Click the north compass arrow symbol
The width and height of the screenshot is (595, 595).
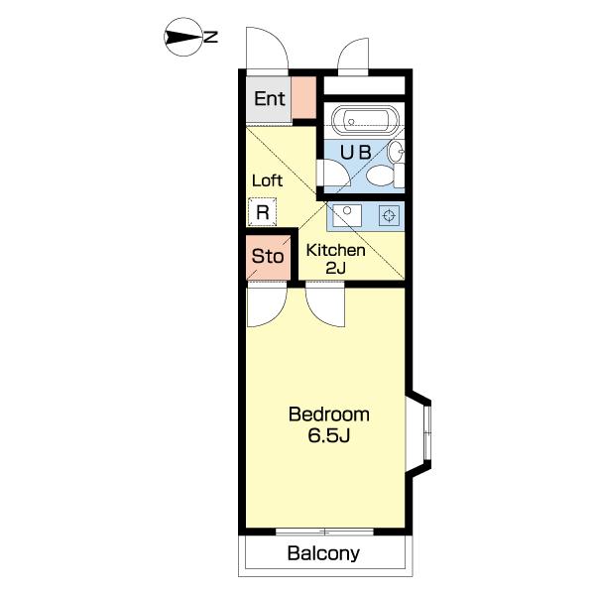183,38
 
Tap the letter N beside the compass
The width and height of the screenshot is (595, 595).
210,38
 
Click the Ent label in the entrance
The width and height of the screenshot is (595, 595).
270,98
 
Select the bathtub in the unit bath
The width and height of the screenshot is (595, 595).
365,120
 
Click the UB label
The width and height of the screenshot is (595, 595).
356,153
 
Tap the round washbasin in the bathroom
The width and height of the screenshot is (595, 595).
396,151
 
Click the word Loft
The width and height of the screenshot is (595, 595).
267,180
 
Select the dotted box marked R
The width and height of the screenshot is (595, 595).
262,212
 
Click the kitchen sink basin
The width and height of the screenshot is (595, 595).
347,215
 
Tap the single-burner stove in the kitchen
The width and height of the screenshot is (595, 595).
389,215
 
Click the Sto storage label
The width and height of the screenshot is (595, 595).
268,257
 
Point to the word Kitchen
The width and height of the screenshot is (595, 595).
336,251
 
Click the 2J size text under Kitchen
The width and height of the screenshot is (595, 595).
336,269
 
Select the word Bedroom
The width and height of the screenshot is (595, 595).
329,415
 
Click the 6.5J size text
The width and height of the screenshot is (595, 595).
328,435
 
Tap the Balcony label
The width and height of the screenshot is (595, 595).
323,553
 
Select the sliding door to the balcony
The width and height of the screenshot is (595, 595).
325,532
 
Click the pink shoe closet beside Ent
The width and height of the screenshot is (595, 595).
303,97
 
